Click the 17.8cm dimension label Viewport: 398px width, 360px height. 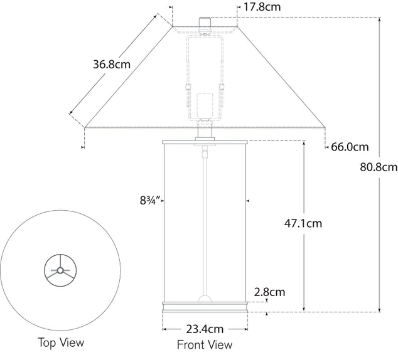(262, 8)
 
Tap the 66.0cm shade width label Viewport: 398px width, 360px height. (349, 147)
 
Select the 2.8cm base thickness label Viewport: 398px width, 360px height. (269, 292)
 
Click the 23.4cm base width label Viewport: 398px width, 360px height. (204, 328)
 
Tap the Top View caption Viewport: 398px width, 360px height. (60, 342)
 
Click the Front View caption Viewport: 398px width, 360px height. (204, 344)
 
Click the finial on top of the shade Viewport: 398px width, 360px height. (205, 22)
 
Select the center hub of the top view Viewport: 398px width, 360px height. (60, 271)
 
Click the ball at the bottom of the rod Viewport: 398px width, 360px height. (204, 299)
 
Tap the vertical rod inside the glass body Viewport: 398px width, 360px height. (204, 220)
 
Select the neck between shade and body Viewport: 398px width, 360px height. (205, 132)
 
